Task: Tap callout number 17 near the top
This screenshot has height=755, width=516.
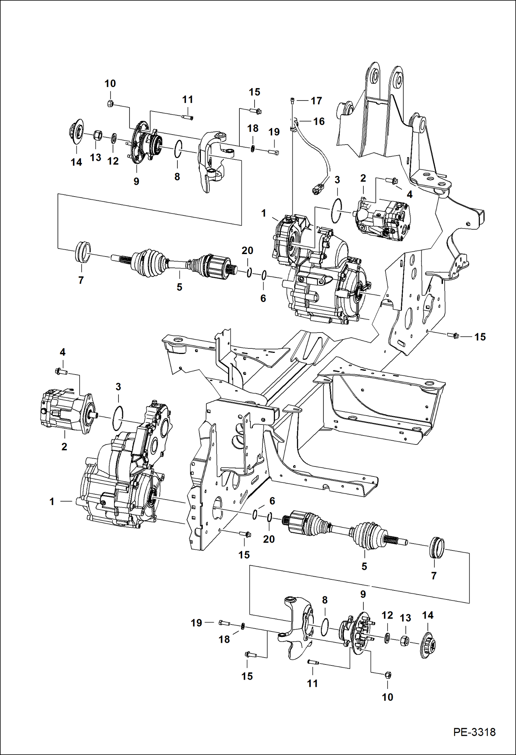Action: pos(316,101)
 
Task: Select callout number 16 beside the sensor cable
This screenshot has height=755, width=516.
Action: pos(319,121)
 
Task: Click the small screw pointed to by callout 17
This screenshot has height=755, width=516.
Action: pos(292,100)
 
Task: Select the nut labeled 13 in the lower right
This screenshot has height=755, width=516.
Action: pos(405,641)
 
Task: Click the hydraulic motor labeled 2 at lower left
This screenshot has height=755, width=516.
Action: pos(65,412)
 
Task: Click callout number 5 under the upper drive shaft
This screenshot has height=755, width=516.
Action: pos(179,287)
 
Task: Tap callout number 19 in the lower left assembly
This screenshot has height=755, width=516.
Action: pos(196,623)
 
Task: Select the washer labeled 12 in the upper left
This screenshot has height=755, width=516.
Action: pos(113,139)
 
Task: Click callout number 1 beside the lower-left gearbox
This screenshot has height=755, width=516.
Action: pos(52,502)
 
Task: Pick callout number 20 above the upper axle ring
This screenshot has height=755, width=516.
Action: pos(247,251)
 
